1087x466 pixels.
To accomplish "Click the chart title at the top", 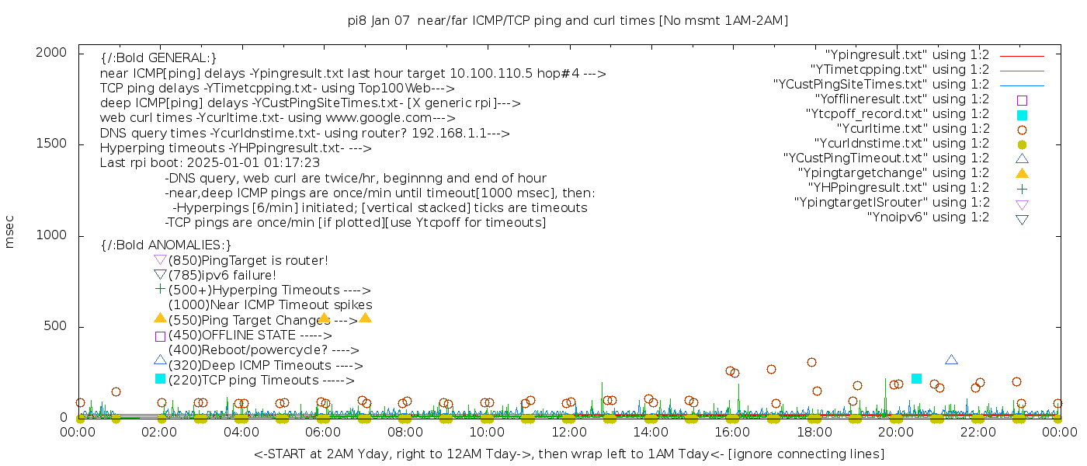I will tap(568, 21).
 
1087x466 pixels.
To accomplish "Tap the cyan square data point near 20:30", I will tap(916, 378).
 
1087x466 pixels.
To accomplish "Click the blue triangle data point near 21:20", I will tap(951, 360).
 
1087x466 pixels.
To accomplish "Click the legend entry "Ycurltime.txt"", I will tap(912, 129).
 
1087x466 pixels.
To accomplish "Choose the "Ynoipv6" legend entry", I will tap(928, 217).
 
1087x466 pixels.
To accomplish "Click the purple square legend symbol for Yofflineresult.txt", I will tap(1022, 100).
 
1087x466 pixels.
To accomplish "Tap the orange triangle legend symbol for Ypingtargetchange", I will tap(1022, 173).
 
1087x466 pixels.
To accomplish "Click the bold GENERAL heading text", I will tap(158, 58).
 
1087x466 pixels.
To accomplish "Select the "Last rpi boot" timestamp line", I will tap(210, 163).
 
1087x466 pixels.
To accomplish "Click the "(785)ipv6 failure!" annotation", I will tap(222, 275).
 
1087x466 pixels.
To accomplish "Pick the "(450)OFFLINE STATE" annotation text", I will tap(248, 336).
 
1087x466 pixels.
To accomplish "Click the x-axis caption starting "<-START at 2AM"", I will tap(568, 454).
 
